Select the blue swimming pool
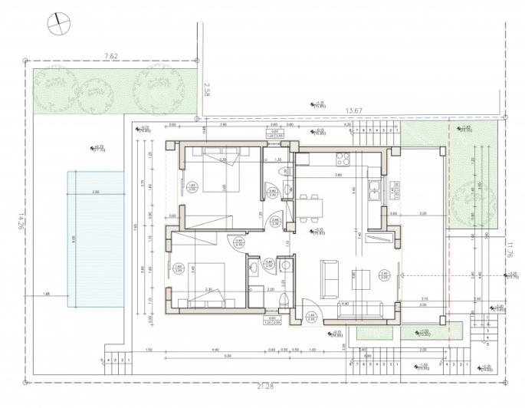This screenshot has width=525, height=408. pyautogui.click(x=95, y=232)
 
